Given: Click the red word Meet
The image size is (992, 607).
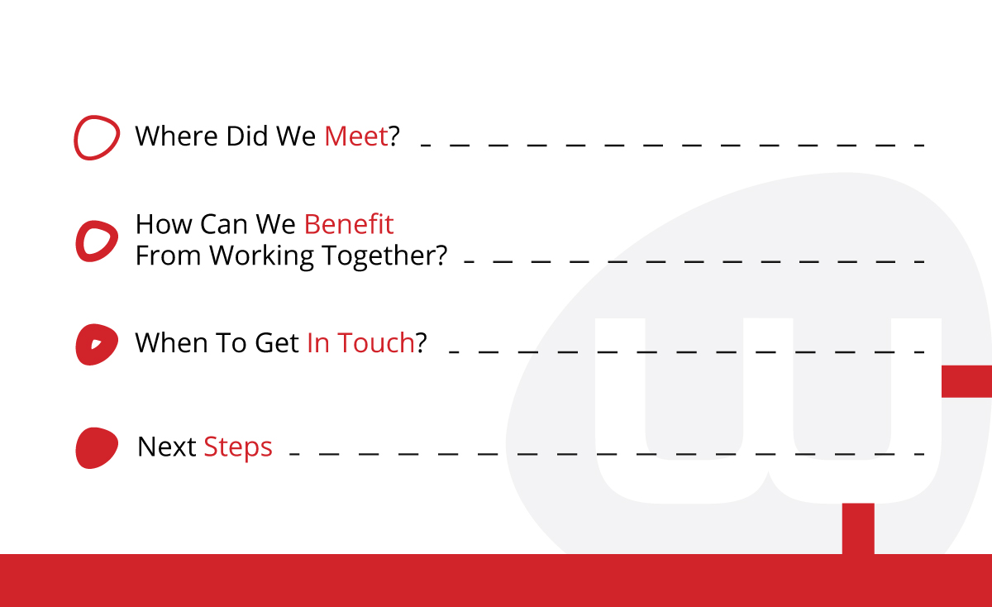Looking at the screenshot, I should click(356, 136).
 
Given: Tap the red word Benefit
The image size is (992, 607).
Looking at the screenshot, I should click(349, 224).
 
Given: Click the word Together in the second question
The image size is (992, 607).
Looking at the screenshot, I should click(389, 256).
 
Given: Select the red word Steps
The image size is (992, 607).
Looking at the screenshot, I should click(238, 447).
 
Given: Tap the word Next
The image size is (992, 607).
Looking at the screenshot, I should click(167, 447).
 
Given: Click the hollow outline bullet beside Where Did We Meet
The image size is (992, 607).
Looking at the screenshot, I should click(97, 137).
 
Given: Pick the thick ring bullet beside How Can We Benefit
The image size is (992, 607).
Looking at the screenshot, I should click(97, 241).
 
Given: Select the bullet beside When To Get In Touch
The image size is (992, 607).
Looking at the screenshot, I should click(97, 344).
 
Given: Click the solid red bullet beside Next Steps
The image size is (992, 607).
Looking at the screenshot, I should click(97, 447).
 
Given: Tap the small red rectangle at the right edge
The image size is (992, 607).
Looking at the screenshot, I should click(966, 381).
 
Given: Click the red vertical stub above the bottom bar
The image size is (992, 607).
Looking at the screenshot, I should click(858, 528).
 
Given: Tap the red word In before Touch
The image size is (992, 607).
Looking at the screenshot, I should click(318, 342).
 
